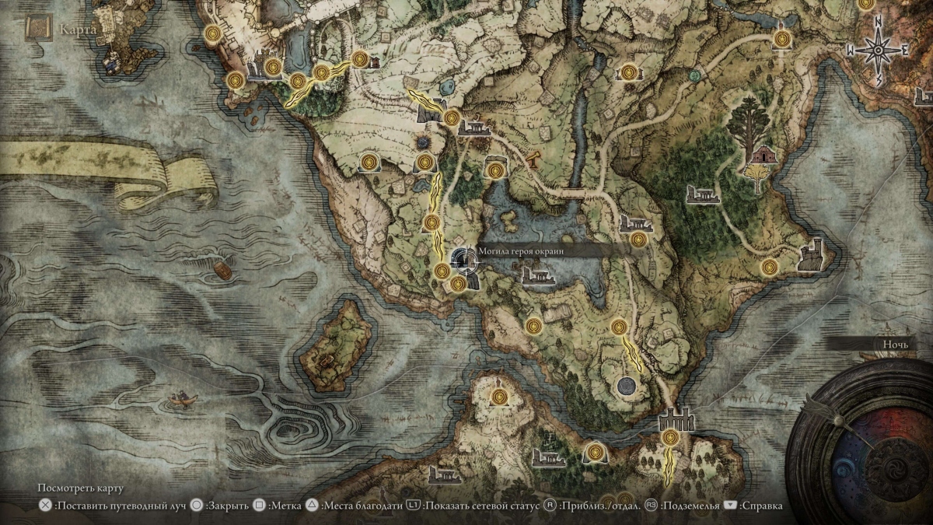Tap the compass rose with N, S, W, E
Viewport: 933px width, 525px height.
tap(879, 51)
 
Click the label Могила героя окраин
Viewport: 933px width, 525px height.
tap(520, 251)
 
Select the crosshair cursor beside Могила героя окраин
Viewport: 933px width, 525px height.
tap(464, 259)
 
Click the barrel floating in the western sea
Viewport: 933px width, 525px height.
tap(222, 270)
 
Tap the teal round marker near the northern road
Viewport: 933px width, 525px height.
tap(694, 75)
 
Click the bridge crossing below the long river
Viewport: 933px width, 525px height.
tap(574, 191)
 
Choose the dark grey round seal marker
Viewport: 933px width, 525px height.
tap(625, 384)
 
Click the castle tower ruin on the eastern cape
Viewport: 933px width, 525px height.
tap(812, 256)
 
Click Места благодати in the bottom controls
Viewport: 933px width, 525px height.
tap(361, 506)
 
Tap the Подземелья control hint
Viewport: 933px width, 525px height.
tap(688, 506)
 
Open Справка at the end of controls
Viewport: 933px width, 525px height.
tap(761, 506)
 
